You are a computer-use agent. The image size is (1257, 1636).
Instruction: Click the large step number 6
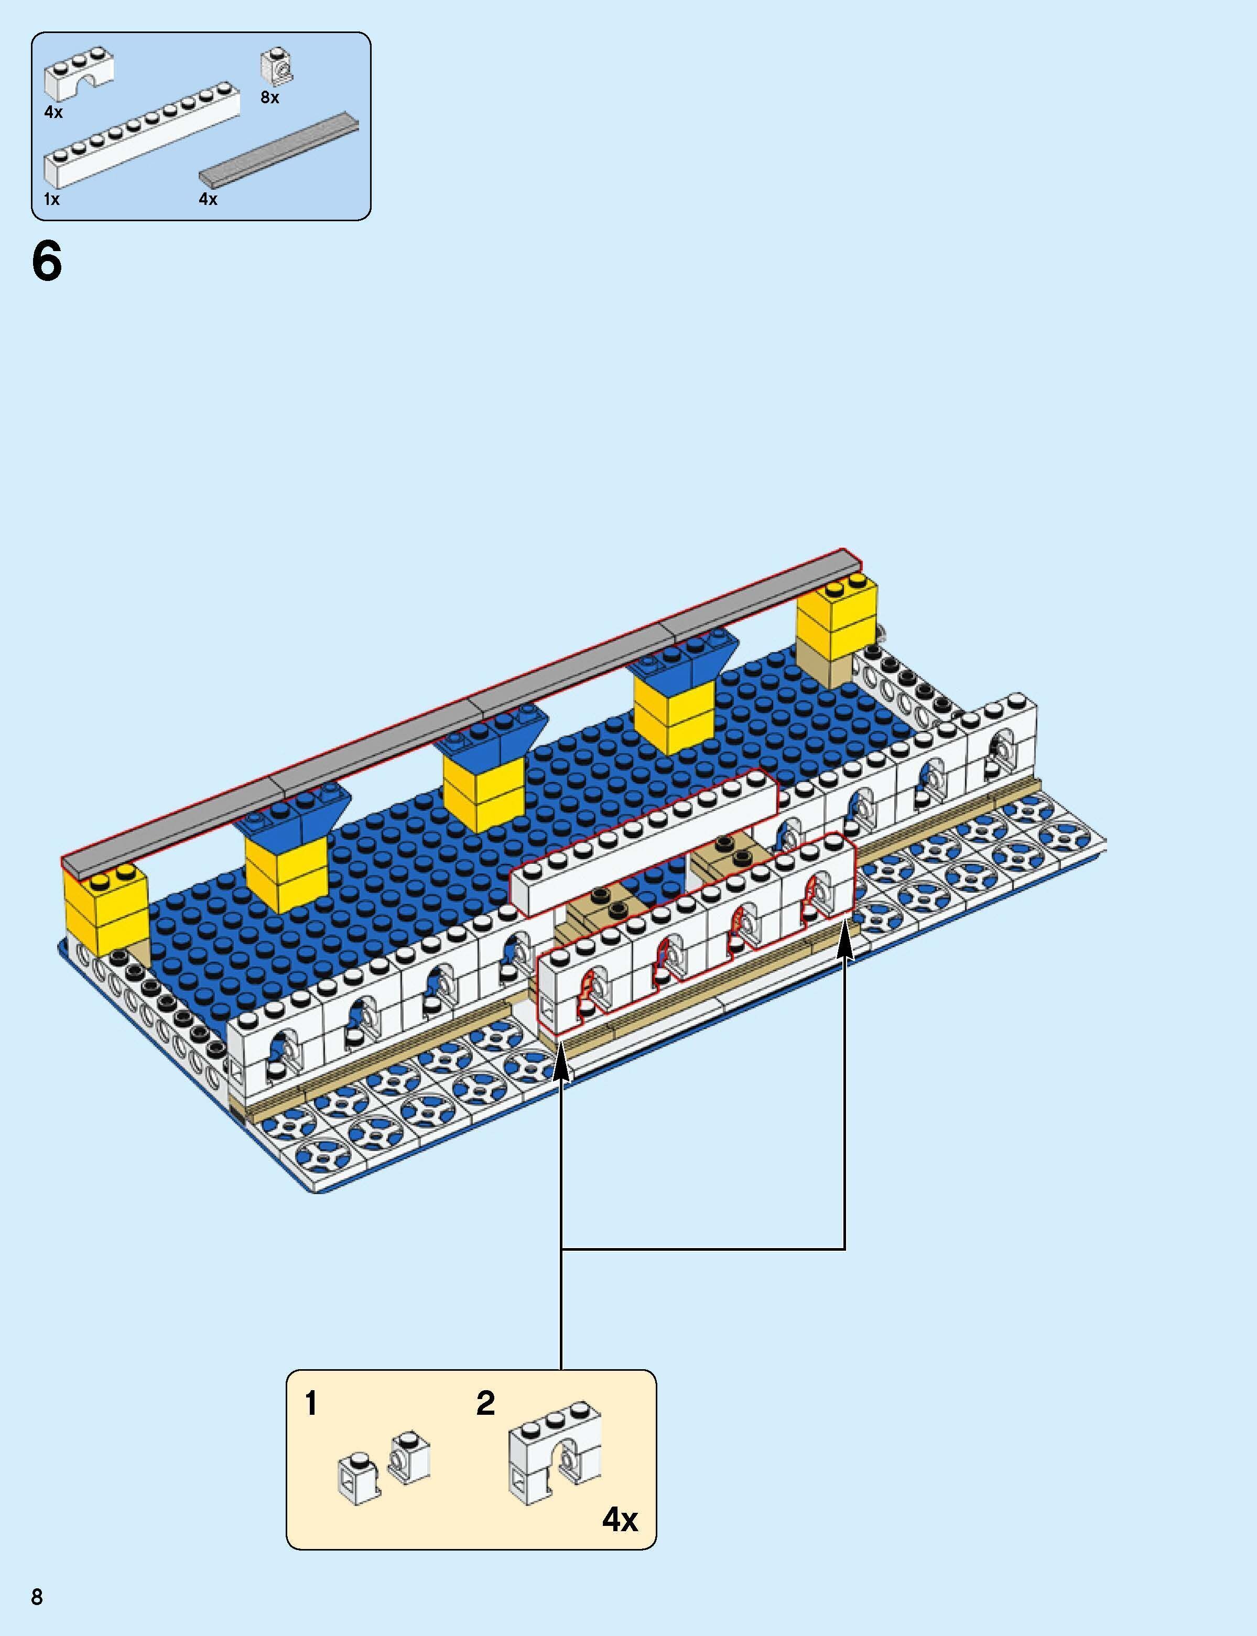pyautogui.click(x=46, y=263)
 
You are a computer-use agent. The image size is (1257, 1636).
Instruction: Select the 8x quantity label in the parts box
pyautogui.click(x=269, y=97)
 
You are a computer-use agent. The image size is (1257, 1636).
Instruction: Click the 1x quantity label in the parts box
pyautogui.click(x=51, y=199)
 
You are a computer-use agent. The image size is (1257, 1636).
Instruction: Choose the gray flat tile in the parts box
pyautogui.click(x=278, y=150)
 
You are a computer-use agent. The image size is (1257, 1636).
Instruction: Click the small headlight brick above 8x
pyautogui.click(x=277, y=67)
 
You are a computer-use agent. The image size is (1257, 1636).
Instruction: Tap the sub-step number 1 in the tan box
pyautogui.click(x=311, y=1404)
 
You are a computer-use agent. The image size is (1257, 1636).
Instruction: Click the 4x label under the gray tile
pyautogui.click(x=208, y=199)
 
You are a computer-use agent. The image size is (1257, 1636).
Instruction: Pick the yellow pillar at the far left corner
pyautogui.click(x=106, y=916)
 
